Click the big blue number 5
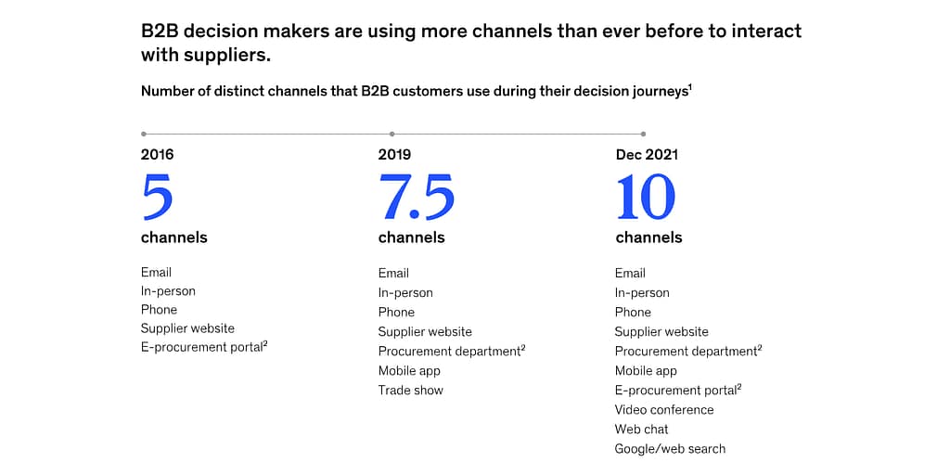(x=158, y=197)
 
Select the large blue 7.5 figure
(x=416, y=197)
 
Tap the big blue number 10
(x=646, y=197)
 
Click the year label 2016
(x=157, y=155)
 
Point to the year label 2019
(x=394, y=155)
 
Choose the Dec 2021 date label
(x=647, y=155)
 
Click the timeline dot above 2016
(x=143, y=134)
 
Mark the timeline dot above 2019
(x=392, y=134)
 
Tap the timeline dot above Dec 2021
(x=643, y=134)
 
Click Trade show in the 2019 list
(x=410, y=391)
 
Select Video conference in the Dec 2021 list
(x=664, y=410)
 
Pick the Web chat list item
(x=641, y=430)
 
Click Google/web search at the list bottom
(x=670, y=449)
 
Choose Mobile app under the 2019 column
(x=409, y=371)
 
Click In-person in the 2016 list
(x=168, y=291)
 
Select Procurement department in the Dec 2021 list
(x=686, y=352)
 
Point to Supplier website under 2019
(x=425, y=332)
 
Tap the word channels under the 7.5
(x=411, y=237)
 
